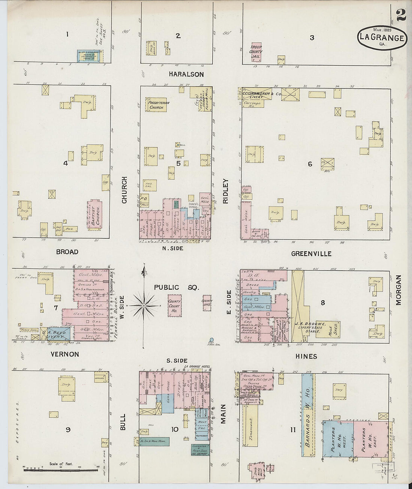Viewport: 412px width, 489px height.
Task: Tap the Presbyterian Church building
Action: click(157, 105)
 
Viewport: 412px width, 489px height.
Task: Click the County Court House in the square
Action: click(174, 306)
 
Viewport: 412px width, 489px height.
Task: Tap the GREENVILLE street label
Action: click(311, 254)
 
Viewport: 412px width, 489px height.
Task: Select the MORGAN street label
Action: click(398, 290)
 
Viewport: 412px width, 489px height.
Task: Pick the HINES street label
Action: click(306, 356)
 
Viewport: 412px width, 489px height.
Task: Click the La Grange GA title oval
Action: click(381, 38)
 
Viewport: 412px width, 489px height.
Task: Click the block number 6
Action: click(310, 164)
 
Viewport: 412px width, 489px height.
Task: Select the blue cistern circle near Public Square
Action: click(212, 340)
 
